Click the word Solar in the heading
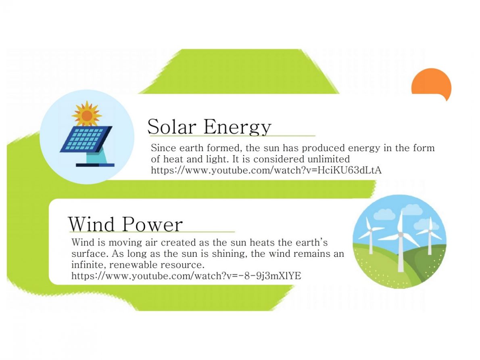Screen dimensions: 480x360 tap(172, 127)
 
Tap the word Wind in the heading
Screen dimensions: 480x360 tap(91, 224)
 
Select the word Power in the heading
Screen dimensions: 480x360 tap(152, 225)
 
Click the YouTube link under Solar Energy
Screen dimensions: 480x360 tap(266, 170)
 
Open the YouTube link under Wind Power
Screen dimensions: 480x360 tap(186, 276)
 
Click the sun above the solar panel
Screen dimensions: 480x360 tap(87, 114)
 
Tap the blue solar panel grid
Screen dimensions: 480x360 tap(86, 139)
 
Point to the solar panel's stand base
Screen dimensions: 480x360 tap(95, 165)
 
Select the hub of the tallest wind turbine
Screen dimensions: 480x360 tap(401, 235)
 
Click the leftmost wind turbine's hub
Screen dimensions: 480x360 tap(370, 230)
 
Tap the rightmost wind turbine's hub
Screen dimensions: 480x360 tap(430, 231)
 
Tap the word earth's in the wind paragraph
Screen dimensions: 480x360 tap(312, 243)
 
